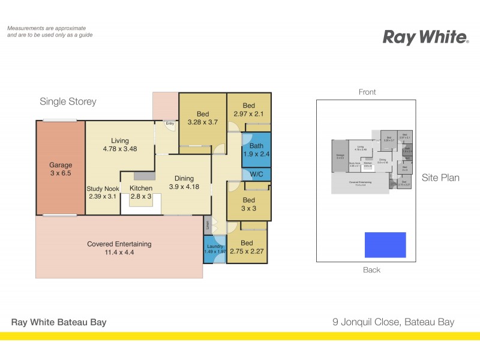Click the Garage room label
(x=61, y=165)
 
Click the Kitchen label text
(x=142, y=188)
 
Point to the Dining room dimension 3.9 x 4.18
(x=184, y=188)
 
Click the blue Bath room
(x=256, y=150)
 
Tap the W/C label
(x=256, y=175)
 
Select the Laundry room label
(x=215, y=247)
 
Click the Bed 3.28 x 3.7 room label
(x=202, y=113)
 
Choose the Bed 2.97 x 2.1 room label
(x=248, y=106)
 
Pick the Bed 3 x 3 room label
(x=248, y=200)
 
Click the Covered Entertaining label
(x=119, y=244)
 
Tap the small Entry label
(x=170, y=123)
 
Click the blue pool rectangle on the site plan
(x=385, y=245)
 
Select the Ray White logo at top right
(x=425, y=37)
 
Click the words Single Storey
(x=68, y=101)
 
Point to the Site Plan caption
(x=440, y=178)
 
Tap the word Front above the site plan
(x=367, y=92)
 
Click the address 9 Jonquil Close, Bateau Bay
(x=393, y=322)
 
